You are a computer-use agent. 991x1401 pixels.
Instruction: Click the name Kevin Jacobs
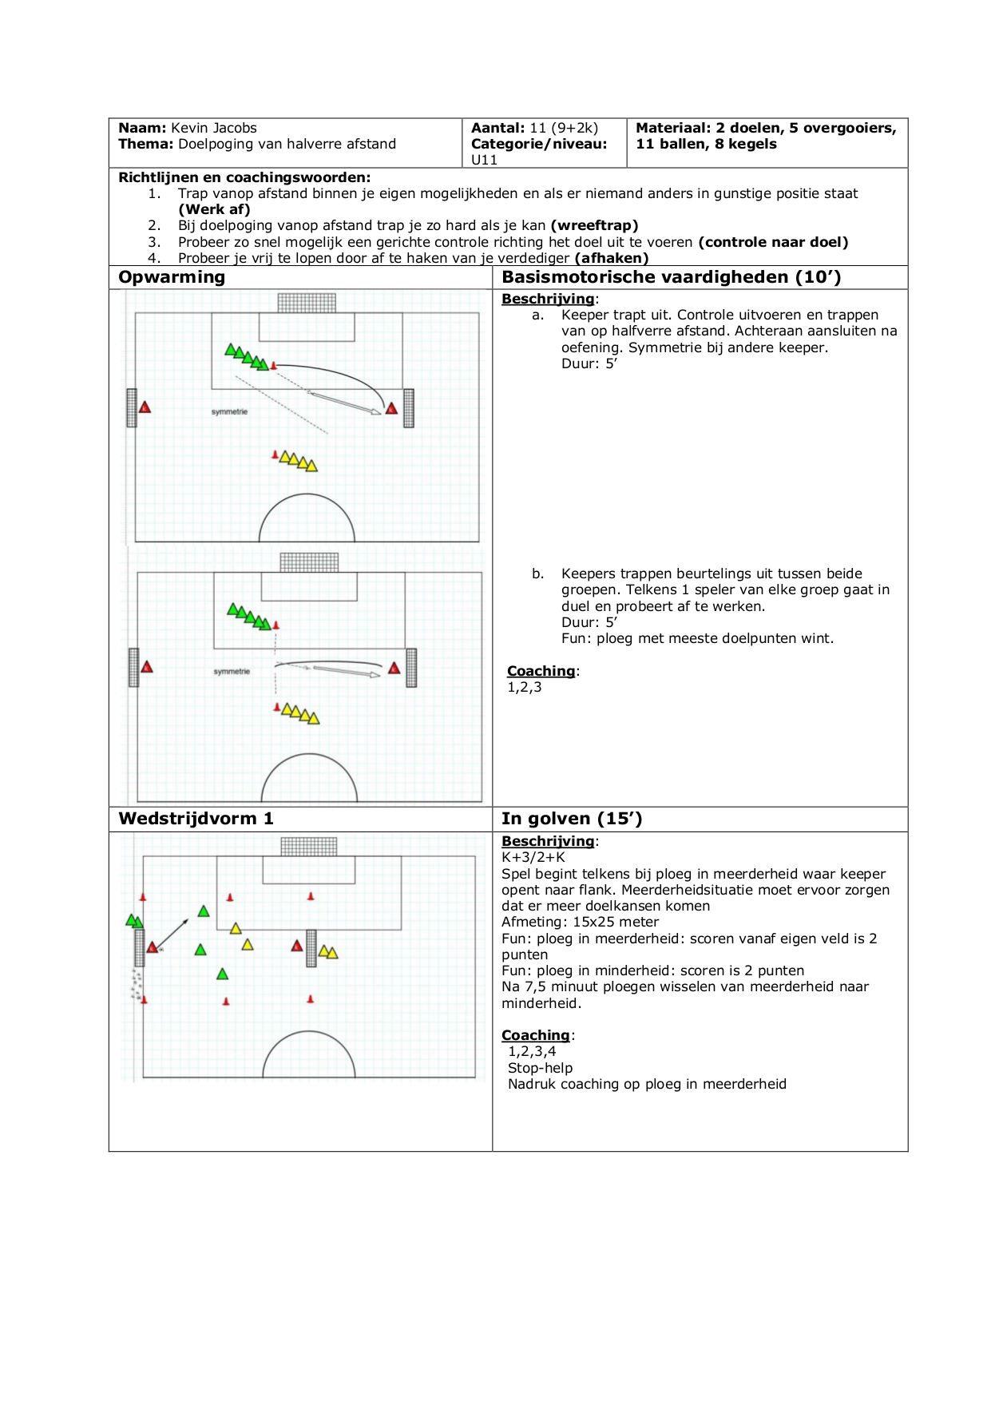pyautogui.click(x=213, y=128)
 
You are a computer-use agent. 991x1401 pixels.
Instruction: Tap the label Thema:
pyautogui.click(x=145, y=144)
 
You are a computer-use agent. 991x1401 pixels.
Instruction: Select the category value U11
pyautogui.click(x=484, y=160)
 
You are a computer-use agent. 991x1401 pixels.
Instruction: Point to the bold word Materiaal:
pyautogui.click(x=672, y=128)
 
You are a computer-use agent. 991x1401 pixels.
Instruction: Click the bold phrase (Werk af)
pyautogui.click(x=214, y=209)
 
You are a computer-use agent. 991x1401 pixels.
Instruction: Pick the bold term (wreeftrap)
pyautogui.click(x=594, y=225)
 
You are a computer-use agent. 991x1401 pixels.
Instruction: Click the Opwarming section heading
pyautogui.click(x=172, y=277)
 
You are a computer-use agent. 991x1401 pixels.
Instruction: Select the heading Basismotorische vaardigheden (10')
pyautogui.click(x=671, y=277)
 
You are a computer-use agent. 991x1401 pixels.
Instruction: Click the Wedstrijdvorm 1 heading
pyautogui.click(x=196, y=819)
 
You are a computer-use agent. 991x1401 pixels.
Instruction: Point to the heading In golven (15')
pyautogui.click(x=572, y=819)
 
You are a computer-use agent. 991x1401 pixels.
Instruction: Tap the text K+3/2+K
pyautogui.click(x=533, y=857)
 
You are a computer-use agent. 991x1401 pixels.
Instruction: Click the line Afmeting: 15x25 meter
pyautogui.click(x=580, y=922)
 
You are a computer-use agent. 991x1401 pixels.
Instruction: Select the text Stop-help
pyautogui.click(x=540, y=1068)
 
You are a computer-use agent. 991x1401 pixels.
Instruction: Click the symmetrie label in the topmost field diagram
pyautogui.click(x=229, y=412)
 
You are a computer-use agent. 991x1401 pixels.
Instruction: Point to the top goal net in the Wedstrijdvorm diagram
pyautogui.click(x=309, y=847)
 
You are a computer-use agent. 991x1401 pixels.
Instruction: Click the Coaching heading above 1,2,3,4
pyautogui.click(x=535, y=1035)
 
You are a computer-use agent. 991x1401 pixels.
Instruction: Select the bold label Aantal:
pyautogui.click(x=497, y=128)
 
